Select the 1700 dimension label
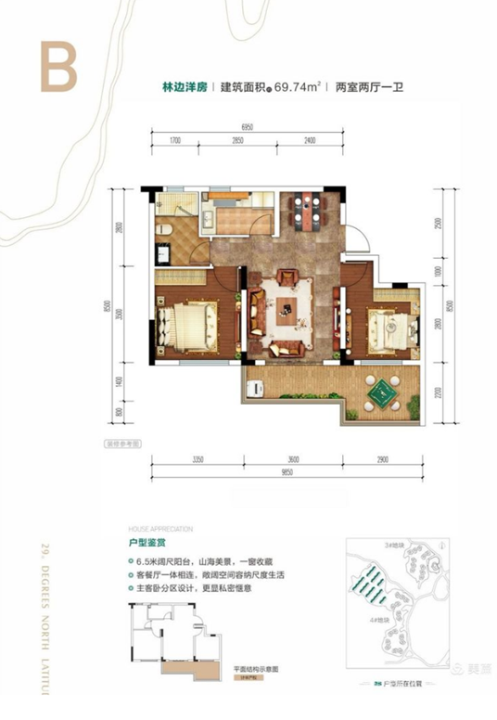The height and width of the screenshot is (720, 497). point(174,140)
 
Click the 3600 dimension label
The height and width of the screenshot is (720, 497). point(294,458)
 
